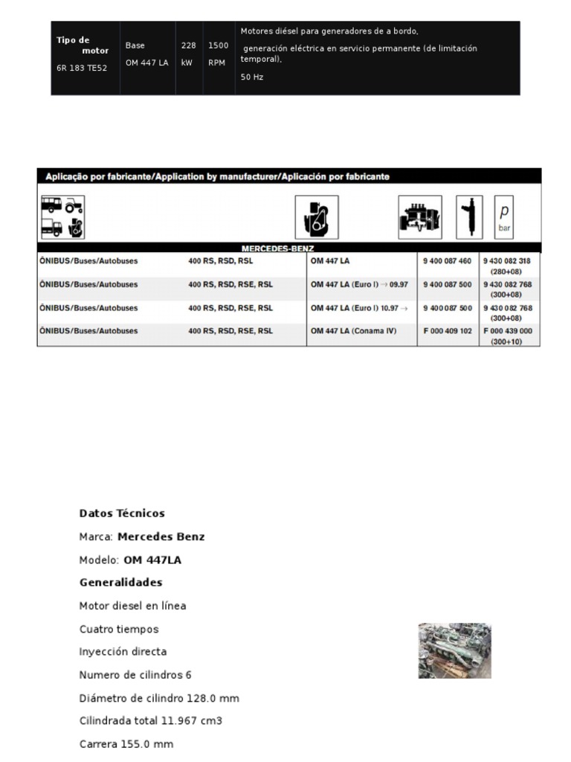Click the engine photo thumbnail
click(454, 651)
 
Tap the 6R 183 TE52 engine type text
click(83, 68)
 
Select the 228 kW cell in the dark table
click(188, 54)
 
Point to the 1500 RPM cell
click(218, 54)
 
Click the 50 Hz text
click(252, 77)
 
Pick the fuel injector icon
click(469, 217)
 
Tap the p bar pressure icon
click(504, 217)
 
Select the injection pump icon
click(420, 217)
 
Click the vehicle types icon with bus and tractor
click(62, 217)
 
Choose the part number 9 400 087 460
click(447, 261)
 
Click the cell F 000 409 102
click(447, 331)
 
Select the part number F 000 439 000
click(508, 331)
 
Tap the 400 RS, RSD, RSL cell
click(220, 261)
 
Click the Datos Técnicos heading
click(122, 513)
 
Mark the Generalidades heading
click(120, 583)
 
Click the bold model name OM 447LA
click(152, 560)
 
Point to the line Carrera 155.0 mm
click(126, 744)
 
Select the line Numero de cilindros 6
click(135, 675)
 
